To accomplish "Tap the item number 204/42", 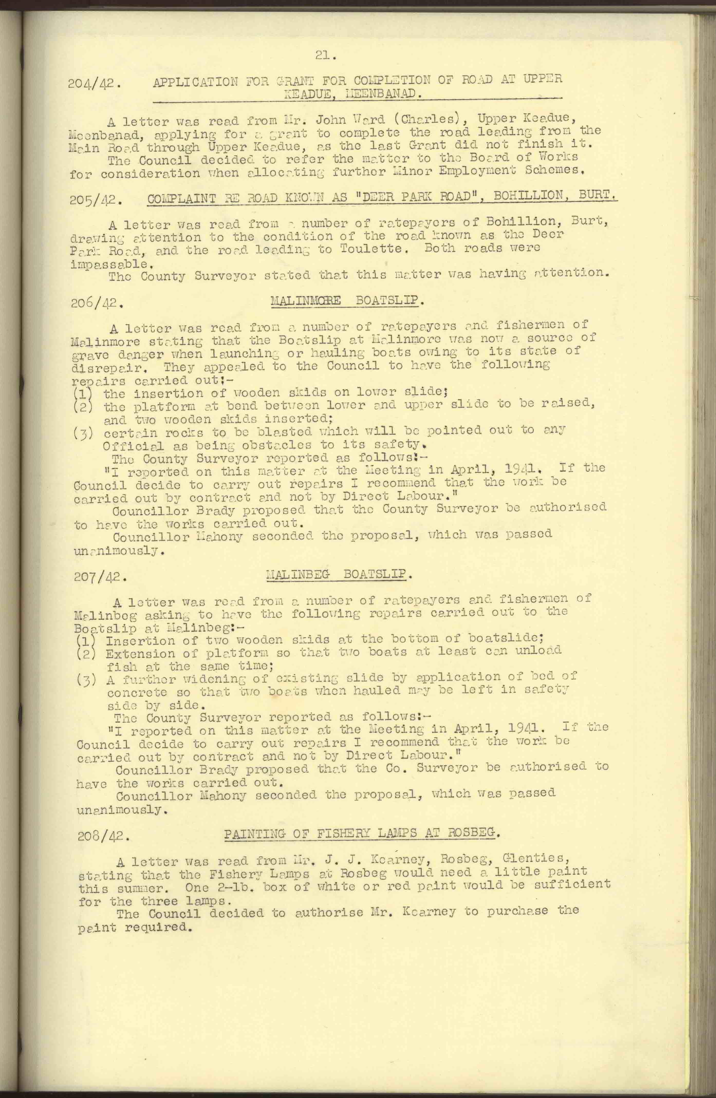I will (x=95, y=84).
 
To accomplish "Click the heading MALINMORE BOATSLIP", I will (x=347, y=301).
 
